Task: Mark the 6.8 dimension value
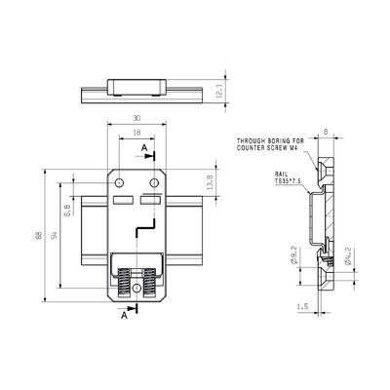[66, 209]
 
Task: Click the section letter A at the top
[143, 148]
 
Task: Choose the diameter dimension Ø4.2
[348, 259]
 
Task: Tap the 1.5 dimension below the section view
[303, 305]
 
